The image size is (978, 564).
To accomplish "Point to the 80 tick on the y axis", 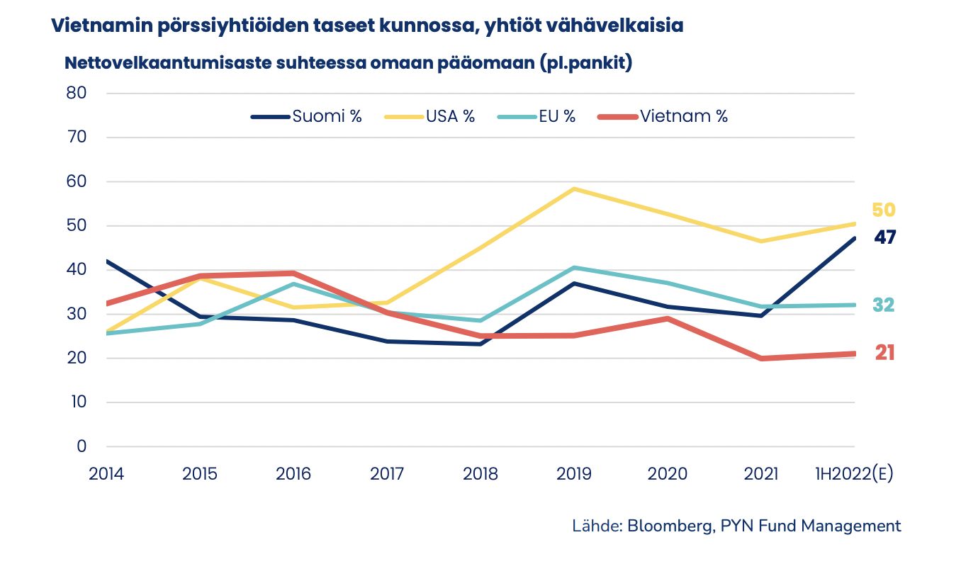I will (x=77, y=94).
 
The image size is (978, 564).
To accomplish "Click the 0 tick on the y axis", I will (x=81, y=446).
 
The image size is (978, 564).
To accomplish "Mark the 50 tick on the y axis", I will (x=77, y=226).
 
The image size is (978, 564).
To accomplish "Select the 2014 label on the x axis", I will (x=106, y=474).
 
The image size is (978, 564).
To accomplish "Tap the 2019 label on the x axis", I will (x=574, y=474).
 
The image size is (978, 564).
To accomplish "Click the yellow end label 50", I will (x=884, y=210).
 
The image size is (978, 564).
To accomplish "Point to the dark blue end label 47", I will (x=884, y=237).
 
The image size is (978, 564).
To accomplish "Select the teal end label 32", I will (x=883, y=305).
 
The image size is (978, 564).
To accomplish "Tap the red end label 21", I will (x=884, y=353).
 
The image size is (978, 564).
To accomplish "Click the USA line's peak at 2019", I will (x=574, y=189).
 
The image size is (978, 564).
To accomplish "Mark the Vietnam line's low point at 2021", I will (x=762, y=359).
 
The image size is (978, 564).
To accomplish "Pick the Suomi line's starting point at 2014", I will (x=107, y=261).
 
